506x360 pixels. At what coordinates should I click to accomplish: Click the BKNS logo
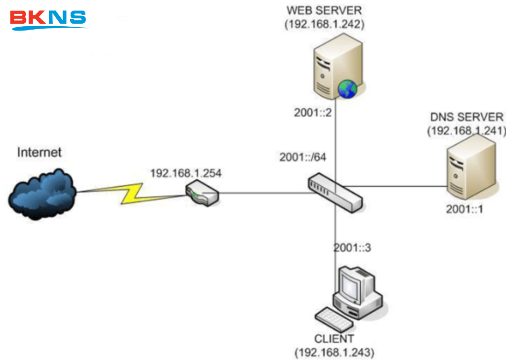pyautogui.click(x=48, y=19)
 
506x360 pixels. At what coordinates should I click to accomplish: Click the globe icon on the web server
pyautogui.click(x=347, y=89)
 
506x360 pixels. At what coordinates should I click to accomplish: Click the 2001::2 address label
pyautogui.click(x=313, y=113)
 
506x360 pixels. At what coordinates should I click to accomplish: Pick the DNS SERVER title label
pyautogui.click(x=466, y=117)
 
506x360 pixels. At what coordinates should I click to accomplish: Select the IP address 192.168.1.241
pyautogui.click(x=466, y=131)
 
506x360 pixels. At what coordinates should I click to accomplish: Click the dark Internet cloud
pyautogui.click(x=42, y=193)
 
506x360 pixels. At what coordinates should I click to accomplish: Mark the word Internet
pyautogui.click(x=40, y=152)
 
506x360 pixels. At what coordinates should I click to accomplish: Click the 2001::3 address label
pyautogui.click(x=352, y=247)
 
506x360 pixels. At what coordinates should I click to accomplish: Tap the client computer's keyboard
pyautogui.click(x=335, y=320)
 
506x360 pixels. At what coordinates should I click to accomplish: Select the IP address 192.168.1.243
pyautogui.click(x=334, y=353)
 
